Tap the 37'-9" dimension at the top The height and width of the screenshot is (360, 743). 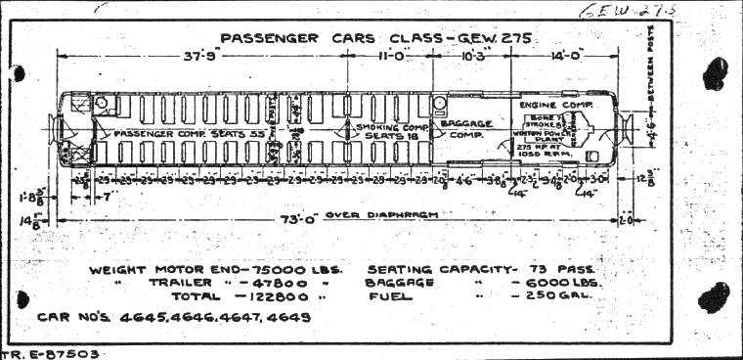pyautogui.click(x=201, y=57)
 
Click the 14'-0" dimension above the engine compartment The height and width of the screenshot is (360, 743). pyautogui.click(x=567, y=57)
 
